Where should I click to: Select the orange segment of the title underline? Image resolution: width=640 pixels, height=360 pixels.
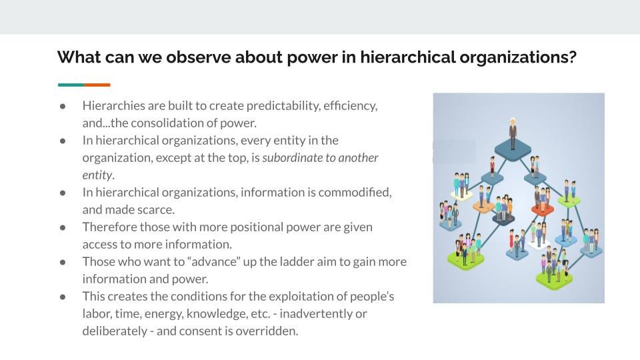pos(97,85)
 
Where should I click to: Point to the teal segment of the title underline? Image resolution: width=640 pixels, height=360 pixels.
pos(71,85)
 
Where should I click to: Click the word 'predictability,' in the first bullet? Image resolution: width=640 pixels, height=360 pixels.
pos(283,106)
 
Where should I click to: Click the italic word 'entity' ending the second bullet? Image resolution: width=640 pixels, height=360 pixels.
pos(97,175)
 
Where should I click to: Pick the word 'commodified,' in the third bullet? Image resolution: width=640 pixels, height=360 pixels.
pos(355,192)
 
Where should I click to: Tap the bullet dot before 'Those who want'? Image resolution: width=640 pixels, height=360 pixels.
pos(63,262)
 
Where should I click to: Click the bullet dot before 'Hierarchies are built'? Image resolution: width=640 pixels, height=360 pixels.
pos(63,106)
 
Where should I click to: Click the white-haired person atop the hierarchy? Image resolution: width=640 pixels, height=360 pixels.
pos(513,133)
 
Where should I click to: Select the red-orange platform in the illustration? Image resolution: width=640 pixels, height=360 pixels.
pos(543,210)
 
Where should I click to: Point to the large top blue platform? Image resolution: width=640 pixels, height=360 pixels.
pos(513,150)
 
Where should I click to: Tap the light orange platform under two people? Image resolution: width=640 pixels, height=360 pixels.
pos(484,206)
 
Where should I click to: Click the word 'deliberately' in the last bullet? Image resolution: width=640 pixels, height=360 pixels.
pos(115,331)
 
